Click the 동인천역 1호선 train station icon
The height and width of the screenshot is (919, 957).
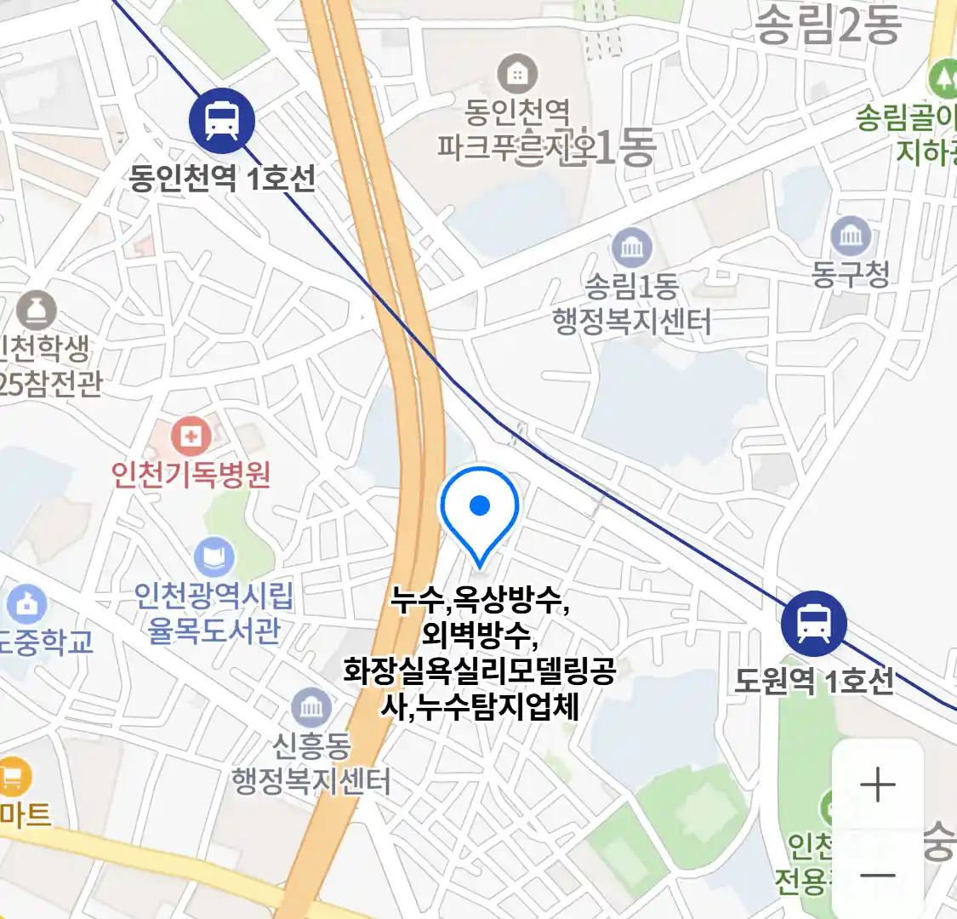[222, 121]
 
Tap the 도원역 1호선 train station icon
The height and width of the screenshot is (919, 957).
[814, 624]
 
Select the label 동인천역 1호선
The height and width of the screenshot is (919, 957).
[223, 179]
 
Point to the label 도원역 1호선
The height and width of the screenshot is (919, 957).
[814, 681]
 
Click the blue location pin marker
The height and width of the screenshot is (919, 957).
[480, 511]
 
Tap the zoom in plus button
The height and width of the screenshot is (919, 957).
[878, 785]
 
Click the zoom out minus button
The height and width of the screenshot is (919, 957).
[878, 875]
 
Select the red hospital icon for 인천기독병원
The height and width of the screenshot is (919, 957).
[191, 437]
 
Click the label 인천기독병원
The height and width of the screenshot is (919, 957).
[191, 474]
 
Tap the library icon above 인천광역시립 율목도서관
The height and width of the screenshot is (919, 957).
[214, 557]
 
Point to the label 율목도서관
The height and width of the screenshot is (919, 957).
[214, 631]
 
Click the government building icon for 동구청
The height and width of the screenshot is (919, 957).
[851, 236]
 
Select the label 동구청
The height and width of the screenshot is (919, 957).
[851, 274]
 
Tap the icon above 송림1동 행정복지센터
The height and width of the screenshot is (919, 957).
[631, 248]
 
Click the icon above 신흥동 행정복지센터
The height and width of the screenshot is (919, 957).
[311, 708]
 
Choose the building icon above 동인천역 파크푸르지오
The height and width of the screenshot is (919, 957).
[517, 75]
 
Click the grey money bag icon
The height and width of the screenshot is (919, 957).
[37, 311]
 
